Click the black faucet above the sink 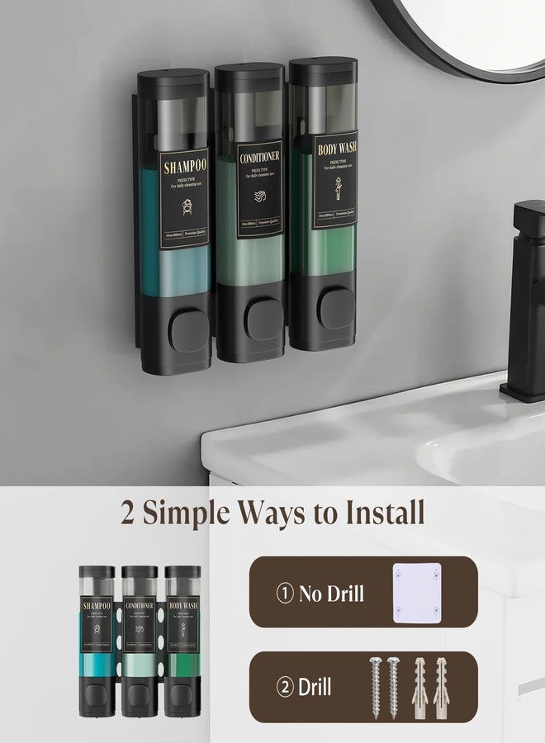click(524, 297)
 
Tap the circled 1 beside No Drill click(286, 593)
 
